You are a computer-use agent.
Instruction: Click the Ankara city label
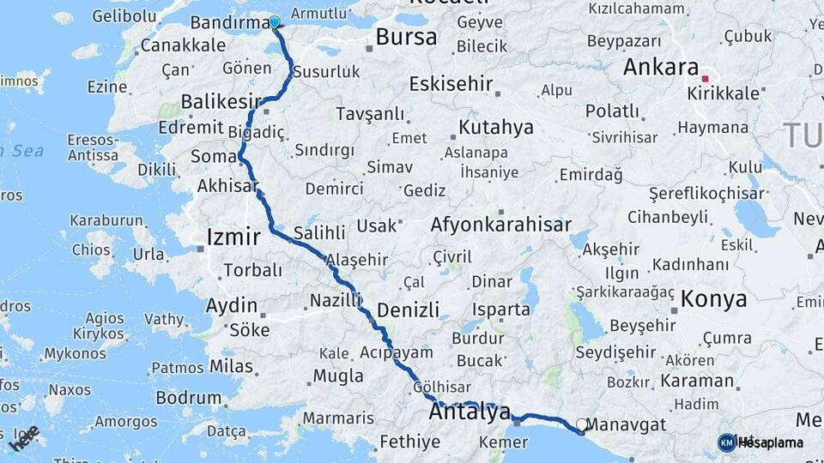pos(660,67)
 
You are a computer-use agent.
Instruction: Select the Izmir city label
pos(233,237)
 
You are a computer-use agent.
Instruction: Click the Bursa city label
pos(406,37)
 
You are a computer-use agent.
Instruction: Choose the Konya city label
pos(713,298)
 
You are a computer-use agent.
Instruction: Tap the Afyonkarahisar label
pos(500,225)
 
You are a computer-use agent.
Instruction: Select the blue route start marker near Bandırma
pos(275,22)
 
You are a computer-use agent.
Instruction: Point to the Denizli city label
pos(408,310)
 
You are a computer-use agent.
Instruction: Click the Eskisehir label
pos(451,83)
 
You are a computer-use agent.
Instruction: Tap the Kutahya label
pos(495,128)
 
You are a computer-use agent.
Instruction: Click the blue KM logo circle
pos(726,442)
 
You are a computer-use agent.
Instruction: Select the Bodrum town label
pos(189,398)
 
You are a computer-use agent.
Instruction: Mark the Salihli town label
pos(318,233)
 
